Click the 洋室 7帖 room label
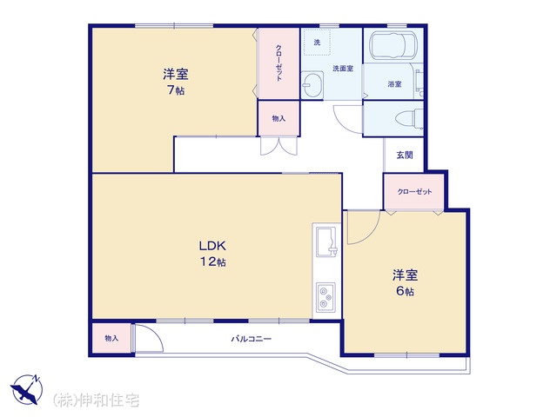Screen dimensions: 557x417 (x=176, y=82)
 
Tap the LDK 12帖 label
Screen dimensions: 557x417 (x=212, y=254)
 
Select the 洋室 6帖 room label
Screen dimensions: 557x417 (x=405, y=283)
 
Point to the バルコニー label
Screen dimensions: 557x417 (x=252, y=339)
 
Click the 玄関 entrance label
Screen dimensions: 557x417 (x=405, y=155)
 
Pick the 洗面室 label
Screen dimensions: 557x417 (x=343, y=69)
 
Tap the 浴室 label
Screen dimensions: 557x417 (x=394, y=84)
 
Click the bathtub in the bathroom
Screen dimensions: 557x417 (x=393, y=44)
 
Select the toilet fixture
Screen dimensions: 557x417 (x=409, y=119)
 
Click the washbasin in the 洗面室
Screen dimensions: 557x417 (x=312, y=85)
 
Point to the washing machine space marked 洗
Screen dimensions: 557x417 (x=317, y=43)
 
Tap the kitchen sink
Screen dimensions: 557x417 (x=326, y=242)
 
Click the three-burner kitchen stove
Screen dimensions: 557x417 (x=325, y=298)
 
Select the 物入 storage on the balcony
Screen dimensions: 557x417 (x=111, y=338)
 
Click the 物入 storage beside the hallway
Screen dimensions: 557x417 (x=278, y=118)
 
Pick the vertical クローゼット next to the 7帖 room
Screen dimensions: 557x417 (x=278, y=63)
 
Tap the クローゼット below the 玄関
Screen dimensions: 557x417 (x=414, y=192)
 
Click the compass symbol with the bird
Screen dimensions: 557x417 (x=26, y=389)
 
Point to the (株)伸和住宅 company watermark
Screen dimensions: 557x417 (x=96, y=400)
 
